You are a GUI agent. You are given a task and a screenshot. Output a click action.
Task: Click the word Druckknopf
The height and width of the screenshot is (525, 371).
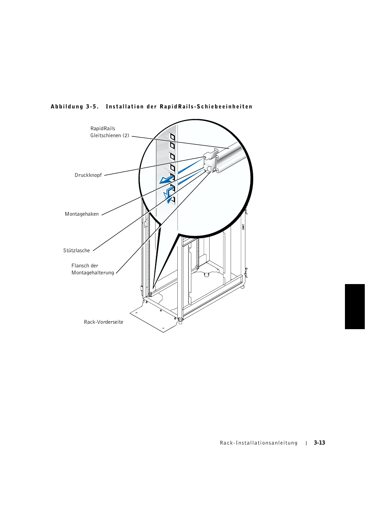click(88, 175)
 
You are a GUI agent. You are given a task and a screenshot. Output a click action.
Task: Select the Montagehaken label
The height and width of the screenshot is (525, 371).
click(82, 214)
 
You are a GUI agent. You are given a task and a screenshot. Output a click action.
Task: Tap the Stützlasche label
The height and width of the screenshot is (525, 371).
click(76, 251)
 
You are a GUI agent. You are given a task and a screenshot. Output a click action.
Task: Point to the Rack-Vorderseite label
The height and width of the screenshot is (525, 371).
click(103, 322)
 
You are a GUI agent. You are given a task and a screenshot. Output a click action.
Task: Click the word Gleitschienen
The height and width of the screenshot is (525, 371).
click(105, 136)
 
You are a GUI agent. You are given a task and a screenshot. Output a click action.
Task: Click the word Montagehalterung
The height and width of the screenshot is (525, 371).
click(93, 273)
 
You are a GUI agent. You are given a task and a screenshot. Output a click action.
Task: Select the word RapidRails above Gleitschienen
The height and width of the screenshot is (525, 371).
click(103, 129)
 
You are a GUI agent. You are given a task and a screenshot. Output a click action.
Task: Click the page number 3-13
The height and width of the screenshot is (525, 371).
click(319, 443)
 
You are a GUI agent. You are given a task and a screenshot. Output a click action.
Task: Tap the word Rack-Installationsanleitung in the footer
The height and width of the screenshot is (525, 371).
click(259, 443)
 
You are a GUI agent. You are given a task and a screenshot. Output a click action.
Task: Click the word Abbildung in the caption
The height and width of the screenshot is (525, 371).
click(67, 107)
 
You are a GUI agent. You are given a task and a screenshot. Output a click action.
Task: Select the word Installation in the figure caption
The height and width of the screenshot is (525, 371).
click(124, 107)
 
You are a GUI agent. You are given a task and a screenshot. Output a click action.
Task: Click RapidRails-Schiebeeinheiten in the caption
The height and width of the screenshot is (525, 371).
click(206, 107)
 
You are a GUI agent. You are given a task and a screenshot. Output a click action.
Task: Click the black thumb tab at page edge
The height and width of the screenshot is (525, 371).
click(355, 307)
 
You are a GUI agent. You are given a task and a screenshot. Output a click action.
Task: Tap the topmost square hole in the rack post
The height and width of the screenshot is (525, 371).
click(172, 137)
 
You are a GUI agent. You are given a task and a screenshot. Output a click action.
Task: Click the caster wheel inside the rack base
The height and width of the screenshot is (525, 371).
click(206, 274)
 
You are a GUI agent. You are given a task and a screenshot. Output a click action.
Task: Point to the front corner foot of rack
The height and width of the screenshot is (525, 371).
click(180, 321)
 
